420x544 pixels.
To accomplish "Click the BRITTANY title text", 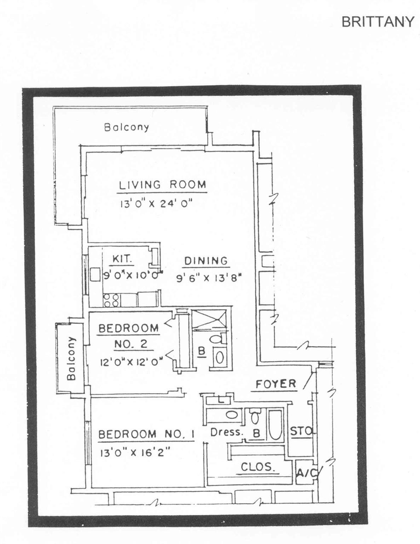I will [x=377, y=22].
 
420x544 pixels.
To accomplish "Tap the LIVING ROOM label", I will [x=162, y=185].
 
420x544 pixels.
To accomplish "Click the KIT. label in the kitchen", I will [x=122, y=259].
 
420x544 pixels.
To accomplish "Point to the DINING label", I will [x=206, y=261].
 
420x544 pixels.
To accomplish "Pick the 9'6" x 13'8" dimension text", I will [x=209, y=278].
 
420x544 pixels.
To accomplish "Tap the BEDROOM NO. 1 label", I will [x=146, y=434].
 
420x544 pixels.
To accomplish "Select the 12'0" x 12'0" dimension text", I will [x=131, y=362].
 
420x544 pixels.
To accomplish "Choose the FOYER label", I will [x=276, y=384].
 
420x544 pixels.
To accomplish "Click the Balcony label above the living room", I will [x=126, y=127].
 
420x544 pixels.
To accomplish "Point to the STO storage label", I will [x=301, y=431].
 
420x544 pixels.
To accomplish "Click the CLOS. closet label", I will [x=258, y=467].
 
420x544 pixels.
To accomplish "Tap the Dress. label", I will [x=227, y=432].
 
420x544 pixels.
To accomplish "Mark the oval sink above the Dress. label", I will [x=231, y=414].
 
